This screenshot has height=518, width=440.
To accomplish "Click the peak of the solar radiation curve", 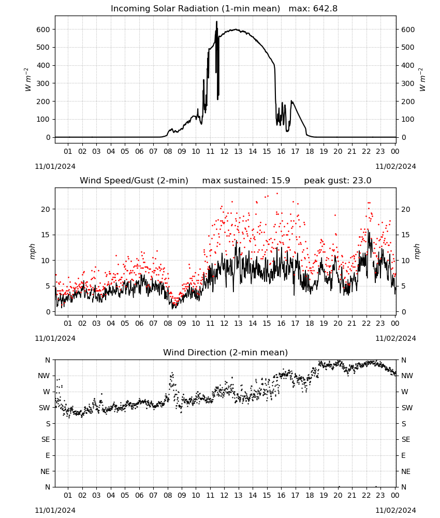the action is [x=216, y=21].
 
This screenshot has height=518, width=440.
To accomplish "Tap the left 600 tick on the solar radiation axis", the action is [x=43, y=30].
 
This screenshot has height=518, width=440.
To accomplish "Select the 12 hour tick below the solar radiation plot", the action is [x=224, y=151].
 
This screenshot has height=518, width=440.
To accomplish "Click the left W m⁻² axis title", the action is [x=28, y=80].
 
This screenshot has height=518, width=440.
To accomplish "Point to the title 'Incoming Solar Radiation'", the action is [x=165, y=9].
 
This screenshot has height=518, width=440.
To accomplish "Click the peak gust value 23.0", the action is [x=362, y=181].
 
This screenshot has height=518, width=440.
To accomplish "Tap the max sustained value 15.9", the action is [x=281, y=181].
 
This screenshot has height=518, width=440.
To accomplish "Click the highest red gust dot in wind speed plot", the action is [x=277, y=194].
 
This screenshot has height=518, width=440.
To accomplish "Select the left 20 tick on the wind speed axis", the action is [x=46, y=209].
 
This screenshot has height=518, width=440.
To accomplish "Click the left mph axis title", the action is [x=32, y=251].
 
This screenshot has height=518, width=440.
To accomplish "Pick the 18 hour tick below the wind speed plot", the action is [x=309, y=323].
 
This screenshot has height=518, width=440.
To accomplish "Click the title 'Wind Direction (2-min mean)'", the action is [x=226, y=352].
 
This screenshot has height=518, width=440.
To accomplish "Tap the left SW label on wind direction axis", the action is [x=45, y=408].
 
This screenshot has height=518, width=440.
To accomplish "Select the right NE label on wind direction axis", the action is [x=406, y=471].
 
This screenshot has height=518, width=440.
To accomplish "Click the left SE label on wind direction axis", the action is [x=46, y=439].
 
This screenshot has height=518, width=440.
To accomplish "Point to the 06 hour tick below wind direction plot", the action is [x=139, y=495].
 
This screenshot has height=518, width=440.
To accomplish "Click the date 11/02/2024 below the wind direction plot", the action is [x=395, y=510].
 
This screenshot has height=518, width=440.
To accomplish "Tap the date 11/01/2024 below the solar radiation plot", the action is [x=55, y=166].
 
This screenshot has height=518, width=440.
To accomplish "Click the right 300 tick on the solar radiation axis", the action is [x=408, y=83].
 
